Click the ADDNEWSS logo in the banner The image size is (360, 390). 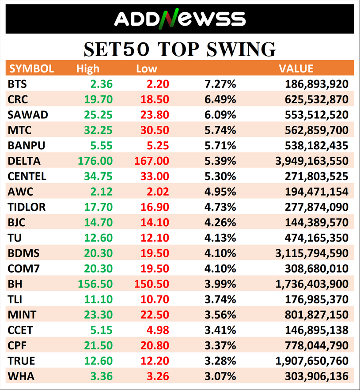pyautogui.click(x=179, y=19)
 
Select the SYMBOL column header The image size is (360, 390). pyautogui.click(x=32, y=68)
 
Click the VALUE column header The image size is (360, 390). pyautogui.click(x=296, y=68)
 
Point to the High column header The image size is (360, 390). pyautogui.click(x=87, y=68)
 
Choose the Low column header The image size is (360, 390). pyautogui.click(x=146, y=68)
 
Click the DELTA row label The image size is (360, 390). pyautogui.click(x=24, y=161)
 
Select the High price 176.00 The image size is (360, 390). pyautogui.click(x=95, y=161)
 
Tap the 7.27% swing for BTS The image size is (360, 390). pyautogui.click(x=220, y=84)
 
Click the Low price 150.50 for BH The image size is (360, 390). pyautogui.click(x=152, y=284)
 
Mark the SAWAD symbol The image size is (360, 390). pyautogui.click(x=28, y=115)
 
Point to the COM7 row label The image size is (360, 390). pyautogui.click(x=23, y=269)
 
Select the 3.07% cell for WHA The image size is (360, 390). pyautogui.click(x=220, y=376)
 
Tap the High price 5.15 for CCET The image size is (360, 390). pyautogui.click(x=101, y=330)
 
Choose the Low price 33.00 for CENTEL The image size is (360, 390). pyautogui.click(x=154, y=176)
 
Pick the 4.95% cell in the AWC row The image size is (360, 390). pyautogui.click(x=220, y=192)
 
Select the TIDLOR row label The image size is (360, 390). pyautogui.click(x=27, y=207)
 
